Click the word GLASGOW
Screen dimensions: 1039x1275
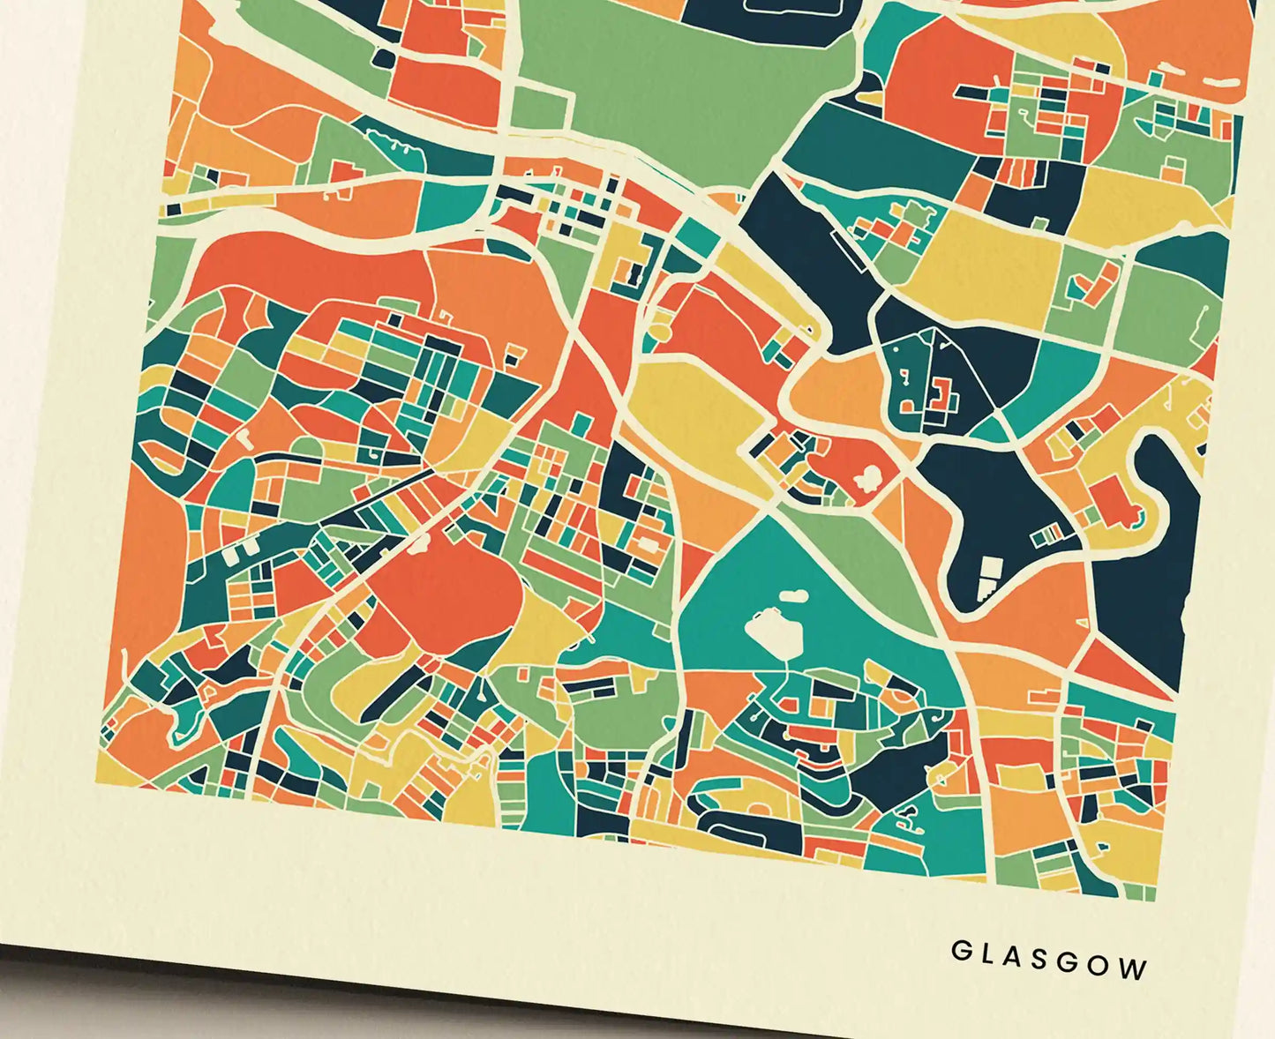coord(1049,960)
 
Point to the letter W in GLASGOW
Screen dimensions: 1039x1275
coord(1135,969)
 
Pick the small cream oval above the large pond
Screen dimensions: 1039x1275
coord(793,595)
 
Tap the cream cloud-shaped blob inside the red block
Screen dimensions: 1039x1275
coord(870,477)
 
